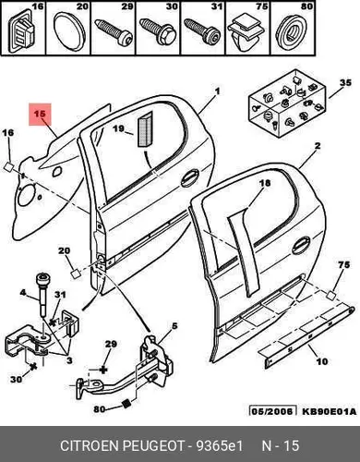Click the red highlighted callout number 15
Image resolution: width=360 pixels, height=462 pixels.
40,114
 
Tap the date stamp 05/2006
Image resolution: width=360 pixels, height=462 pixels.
272,411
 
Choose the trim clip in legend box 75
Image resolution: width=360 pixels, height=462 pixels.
246,33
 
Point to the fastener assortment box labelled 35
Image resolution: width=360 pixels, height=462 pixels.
288,103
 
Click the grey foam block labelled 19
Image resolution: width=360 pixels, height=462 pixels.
145,129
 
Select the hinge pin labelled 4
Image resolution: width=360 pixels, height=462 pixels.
42,295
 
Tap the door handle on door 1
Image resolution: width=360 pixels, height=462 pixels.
190,178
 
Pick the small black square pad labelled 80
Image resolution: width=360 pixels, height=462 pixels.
126,404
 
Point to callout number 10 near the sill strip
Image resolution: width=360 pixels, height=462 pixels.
322,361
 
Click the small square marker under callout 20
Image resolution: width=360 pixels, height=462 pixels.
76,274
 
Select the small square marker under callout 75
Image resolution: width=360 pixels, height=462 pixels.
331,295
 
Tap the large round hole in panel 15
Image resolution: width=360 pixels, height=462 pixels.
27,194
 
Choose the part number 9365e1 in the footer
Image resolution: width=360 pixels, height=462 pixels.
220,445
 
